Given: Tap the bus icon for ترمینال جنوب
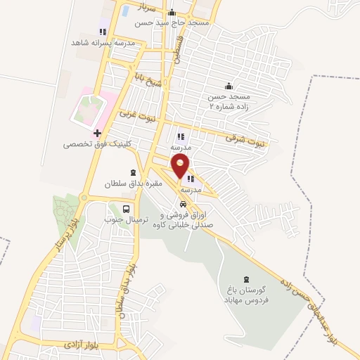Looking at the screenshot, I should tap(126, 209).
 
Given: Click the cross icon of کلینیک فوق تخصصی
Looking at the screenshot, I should tap(97, 133).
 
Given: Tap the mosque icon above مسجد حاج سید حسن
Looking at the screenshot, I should tap(172, 12).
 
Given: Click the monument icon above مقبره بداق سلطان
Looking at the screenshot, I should tap(134, 172).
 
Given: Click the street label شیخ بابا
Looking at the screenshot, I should tap(144, 77).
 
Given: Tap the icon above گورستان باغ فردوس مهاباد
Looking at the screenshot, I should tap(246, 280).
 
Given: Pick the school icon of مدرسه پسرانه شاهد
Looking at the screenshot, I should tap(103, 32).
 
